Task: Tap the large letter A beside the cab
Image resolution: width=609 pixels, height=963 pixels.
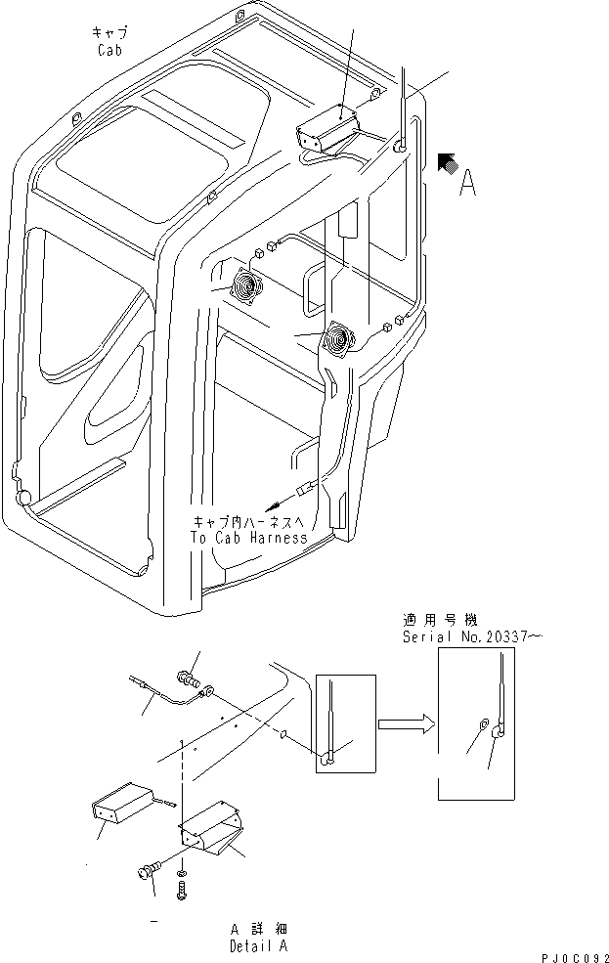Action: click(469, 182)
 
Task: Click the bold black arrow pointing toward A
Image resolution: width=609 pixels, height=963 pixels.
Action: click(446, 163)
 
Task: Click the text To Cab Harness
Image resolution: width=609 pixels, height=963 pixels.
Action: click(249, 538)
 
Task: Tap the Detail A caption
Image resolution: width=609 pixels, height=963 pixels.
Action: click(259, 946)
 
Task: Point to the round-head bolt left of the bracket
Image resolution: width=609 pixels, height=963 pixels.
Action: click(150, 872)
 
